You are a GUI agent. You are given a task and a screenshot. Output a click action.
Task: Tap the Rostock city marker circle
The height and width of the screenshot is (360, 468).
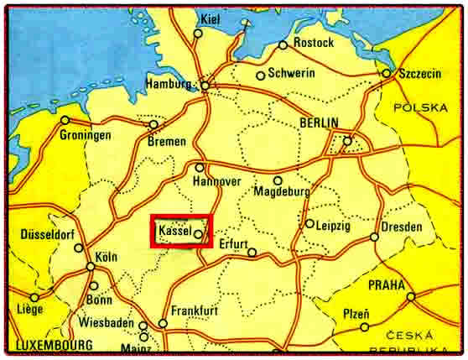[x=283, y=44]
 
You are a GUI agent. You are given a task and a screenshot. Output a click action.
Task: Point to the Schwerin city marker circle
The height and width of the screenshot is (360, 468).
[x=261, y=76]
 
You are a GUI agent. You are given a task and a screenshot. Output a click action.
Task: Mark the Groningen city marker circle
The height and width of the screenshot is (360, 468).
[x=65, y=120]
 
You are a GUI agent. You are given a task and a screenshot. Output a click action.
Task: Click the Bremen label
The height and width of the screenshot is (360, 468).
[x=166, y=142]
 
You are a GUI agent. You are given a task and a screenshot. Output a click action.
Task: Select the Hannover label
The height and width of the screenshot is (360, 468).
[x=216, y=181]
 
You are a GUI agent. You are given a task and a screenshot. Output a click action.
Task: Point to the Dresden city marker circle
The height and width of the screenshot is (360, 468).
[x=375, y=237]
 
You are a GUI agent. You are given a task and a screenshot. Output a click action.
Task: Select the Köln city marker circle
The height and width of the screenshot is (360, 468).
[x=90, y=267]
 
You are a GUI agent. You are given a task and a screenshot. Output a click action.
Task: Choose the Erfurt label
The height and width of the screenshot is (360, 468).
[x=234, y=244]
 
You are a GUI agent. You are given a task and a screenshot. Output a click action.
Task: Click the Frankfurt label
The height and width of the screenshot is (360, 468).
[x=194, y=310]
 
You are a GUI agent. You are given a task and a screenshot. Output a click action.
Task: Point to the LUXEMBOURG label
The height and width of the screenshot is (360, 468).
[x=52, y=345]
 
